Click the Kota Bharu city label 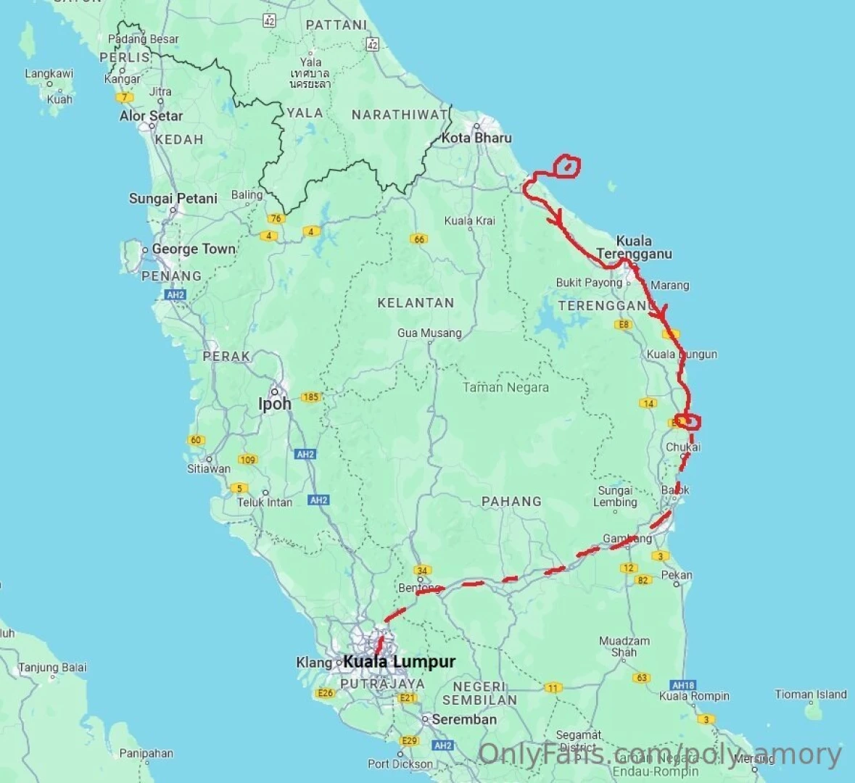tap(476, 138)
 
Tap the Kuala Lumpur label tap(399, 661)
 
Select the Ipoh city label tap(275, 404)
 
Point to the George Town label tap(194, 249)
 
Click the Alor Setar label tap(151, 116)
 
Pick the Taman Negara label tap(505, 387)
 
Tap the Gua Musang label tap(429, 333)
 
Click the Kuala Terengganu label tap(634, 247)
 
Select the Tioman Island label tap(811, 695)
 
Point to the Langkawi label tap(49, 73)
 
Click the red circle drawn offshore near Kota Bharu tap(567, 167)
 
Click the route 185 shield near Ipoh tap(310, 397)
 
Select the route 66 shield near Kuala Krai tap(418, 239)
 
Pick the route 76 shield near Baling tap(276, 218)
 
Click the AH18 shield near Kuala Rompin tap(683, 684)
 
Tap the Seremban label tap(464, 719)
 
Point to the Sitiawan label tap(209, 468)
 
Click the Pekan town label tap(677, 575)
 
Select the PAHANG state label tap(511, 501)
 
